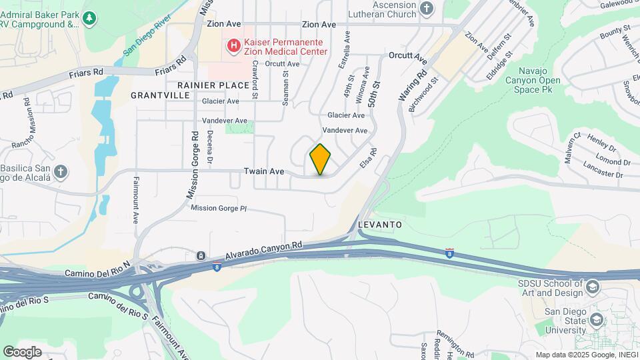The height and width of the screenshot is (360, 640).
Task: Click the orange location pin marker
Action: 321,159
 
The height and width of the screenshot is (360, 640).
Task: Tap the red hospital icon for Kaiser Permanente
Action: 233,45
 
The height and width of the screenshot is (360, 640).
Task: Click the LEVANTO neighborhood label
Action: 380,225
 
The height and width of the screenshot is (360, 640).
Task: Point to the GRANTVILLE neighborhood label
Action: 160,95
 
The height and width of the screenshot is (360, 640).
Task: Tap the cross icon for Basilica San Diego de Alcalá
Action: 61,172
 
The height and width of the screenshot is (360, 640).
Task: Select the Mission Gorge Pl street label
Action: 219,208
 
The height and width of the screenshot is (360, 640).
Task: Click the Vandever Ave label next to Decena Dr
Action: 225,121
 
